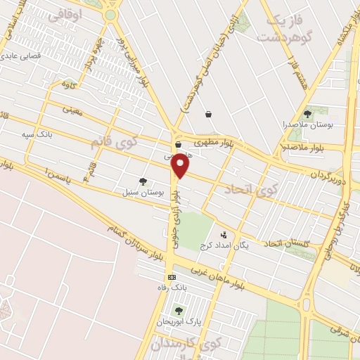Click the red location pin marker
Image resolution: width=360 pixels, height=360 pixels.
[x=181, y=167]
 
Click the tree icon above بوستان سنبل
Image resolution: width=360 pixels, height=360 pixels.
[x=143, y=181]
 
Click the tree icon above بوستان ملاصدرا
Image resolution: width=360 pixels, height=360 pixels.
[x=307, y=114]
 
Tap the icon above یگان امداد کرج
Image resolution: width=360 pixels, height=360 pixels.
[x=224, y=236]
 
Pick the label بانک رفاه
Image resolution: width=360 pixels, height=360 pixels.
[x=174, y=288]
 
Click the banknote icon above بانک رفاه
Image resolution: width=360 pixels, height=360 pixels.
[x=172, y=278]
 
